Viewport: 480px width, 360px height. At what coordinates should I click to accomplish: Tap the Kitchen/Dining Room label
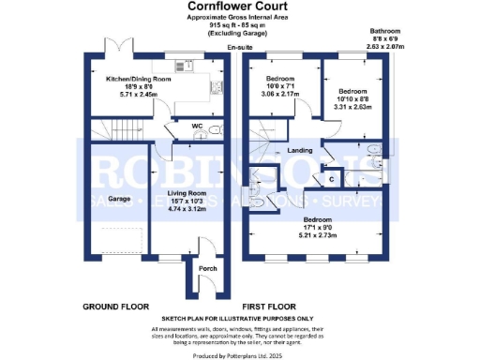(140, 79)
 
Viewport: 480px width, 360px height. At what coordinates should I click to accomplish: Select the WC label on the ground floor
(197, 125)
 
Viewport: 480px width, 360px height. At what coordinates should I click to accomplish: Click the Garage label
(118, 199)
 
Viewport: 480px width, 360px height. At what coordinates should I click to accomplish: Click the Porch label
(208, 269)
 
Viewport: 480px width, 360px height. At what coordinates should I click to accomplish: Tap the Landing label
(300, 150)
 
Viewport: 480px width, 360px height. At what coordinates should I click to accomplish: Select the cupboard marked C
(333, 176)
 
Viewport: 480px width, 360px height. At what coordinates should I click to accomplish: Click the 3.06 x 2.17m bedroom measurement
(280, 94)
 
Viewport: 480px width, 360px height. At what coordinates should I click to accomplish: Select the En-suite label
(241, 47)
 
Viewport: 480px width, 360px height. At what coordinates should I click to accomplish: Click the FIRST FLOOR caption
(271, 307)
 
